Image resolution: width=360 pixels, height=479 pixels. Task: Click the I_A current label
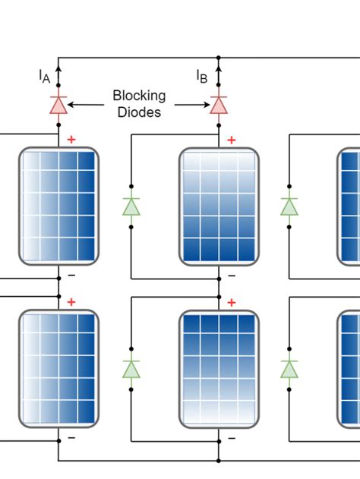click(x=44, y=76)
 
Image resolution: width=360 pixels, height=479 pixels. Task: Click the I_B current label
click(x=202, y=76)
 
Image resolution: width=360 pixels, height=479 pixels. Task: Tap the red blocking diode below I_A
click(x=58, y=105)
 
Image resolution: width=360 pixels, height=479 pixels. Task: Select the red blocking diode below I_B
click(x=219, y=105)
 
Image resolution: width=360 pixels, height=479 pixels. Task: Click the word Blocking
click(x=138, y=96)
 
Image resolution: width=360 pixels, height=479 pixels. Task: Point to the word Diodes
click(x=139, y=112)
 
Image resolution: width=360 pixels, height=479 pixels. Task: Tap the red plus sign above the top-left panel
click(x=71, y=140)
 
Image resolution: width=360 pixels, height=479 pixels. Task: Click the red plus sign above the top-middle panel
click(x=232, y=140)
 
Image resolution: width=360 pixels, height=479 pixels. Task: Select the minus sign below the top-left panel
click(x=71, y=274)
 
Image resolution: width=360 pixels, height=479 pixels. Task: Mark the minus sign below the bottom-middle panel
click(x=232, y=437)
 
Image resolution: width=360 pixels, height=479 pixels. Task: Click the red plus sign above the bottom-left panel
click(x=71, y=302)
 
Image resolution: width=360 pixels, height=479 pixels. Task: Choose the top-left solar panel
click(x=58, y=206)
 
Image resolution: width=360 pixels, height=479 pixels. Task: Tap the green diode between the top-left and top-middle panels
click(x=131, y=206)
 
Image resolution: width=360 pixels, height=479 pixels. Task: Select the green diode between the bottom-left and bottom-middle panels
click(x=131, y=368)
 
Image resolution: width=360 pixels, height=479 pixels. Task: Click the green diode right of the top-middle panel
click(x=289, y=206)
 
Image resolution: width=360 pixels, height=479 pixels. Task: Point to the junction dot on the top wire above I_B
click(x=219, y=57)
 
